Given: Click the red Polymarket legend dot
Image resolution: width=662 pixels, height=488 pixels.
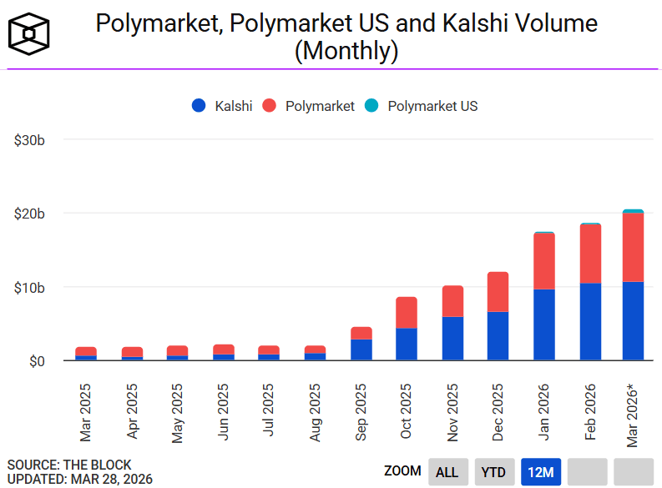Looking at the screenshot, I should coord(270,106).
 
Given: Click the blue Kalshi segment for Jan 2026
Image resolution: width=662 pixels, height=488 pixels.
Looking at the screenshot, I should coord(544,324).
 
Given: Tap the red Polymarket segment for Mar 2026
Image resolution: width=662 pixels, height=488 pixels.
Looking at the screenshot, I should coord(633,247).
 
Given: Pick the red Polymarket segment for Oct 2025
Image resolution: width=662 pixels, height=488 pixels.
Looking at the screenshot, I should coord(407,313).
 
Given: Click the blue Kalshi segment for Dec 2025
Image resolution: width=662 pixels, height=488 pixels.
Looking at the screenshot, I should coord(498,335).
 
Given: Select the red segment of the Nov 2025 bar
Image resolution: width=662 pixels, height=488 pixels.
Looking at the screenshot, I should coord(452,301).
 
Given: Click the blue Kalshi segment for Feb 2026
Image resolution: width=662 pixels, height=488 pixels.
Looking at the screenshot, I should coord(590,322).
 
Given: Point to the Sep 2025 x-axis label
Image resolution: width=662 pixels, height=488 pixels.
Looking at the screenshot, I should coord(361,411).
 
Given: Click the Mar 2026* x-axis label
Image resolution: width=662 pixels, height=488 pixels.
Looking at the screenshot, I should coord(633,414).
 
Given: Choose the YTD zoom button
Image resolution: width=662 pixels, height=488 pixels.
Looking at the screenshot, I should coord(493,472).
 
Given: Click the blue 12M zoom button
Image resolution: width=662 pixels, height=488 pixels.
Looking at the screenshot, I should coord(540,472).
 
